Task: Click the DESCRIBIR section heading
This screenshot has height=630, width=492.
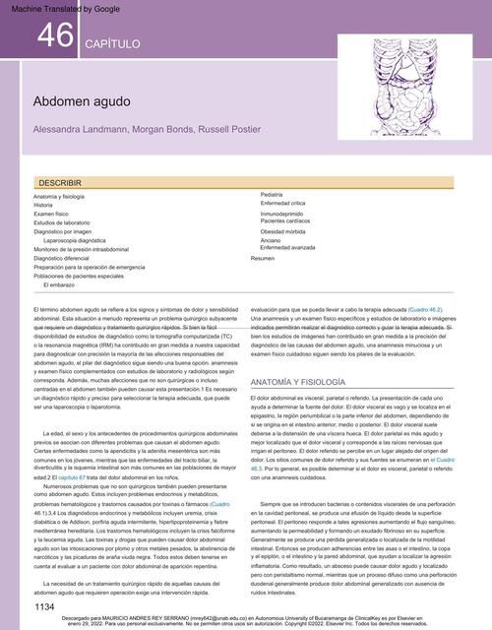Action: coord(60,183)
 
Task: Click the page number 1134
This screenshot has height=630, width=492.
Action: coord(44,608)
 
